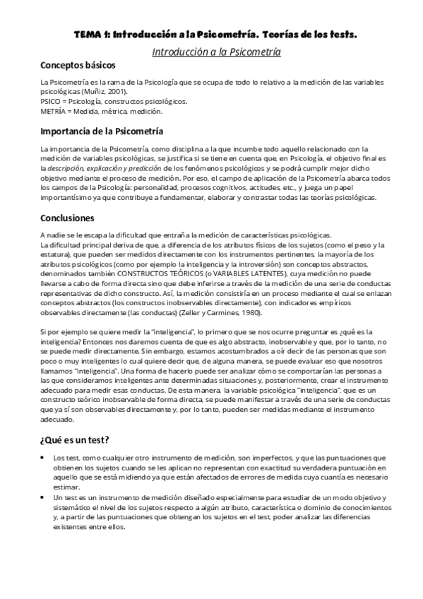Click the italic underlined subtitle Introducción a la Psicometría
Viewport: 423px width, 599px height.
[x=217, y=52]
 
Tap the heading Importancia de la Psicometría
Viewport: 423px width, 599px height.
[x=102, y=131]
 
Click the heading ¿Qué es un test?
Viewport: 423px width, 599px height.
[x=74, y=441]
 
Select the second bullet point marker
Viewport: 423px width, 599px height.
[x=44, y=498]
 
